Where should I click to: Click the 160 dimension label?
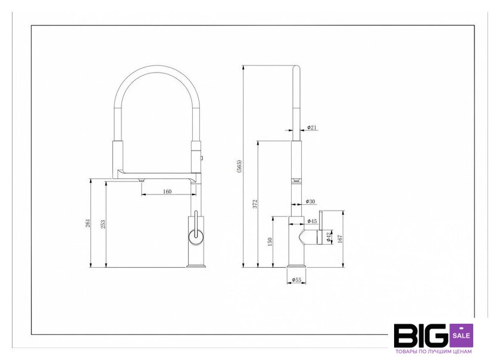[x=167, y=192]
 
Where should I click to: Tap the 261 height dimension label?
[x=88, y=223]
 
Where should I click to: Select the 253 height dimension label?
[x=102, y=224]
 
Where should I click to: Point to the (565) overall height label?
[x=239, y=167]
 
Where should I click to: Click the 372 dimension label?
[x=255, y=204]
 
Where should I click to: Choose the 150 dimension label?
[x=270, y=242]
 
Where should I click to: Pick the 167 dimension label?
[x=340, y=239]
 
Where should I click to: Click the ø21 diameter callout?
[x=312, y=127]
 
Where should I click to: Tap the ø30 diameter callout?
[x=310, y=201]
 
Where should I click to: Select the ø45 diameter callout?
[x=312, y=221]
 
